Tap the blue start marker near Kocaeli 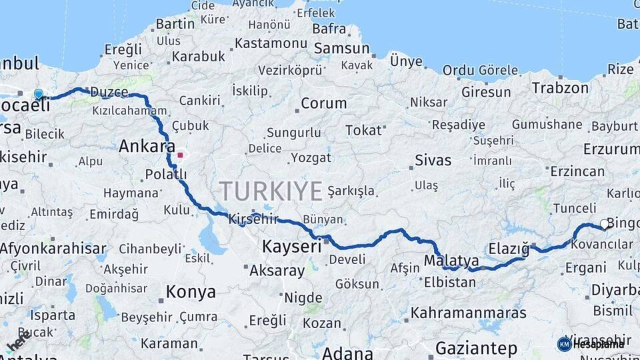pyautogui.click(x=39, y=95)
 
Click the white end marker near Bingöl pyautogui.click(x=605, y=225)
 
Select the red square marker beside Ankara pyautogui.click(x=180, y=155)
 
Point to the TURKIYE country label pyautogui.click(x=271, y=191)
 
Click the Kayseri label pyautogui.click(x=292, y=246)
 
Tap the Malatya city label pyautogui.click(x=451, y=260)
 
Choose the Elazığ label pyautogui.click(x=508, y=250)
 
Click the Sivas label pyautogui.click(x=433, y=161)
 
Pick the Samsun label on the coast pyautogui.click(x=341, y=49)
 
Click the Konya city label pyautogui.click(x=191, y=292)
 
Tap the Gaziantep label pyautogui.click(x=476, y=348)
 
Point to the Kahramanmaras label pyautogui.click(x=468, y=313)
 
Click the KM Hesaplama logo pyautogui.click(x=591, y=344)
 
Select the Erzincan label pyautogui.click(x=577, y=171)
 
